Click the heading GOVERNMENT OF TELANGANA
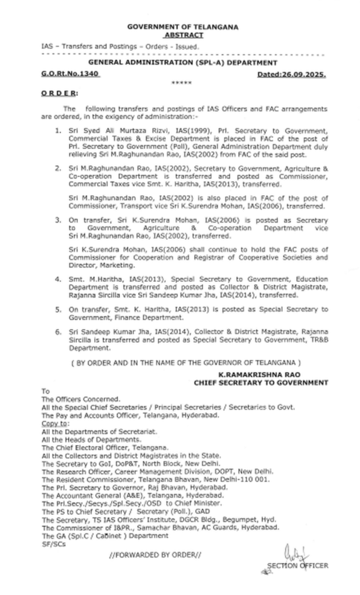[x=182, y=27]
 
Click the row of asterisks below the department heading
[x=182, y=84]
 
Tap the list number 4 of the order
[x=58, y=279]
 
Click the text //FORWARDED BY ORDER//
[x=155, y=556]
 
